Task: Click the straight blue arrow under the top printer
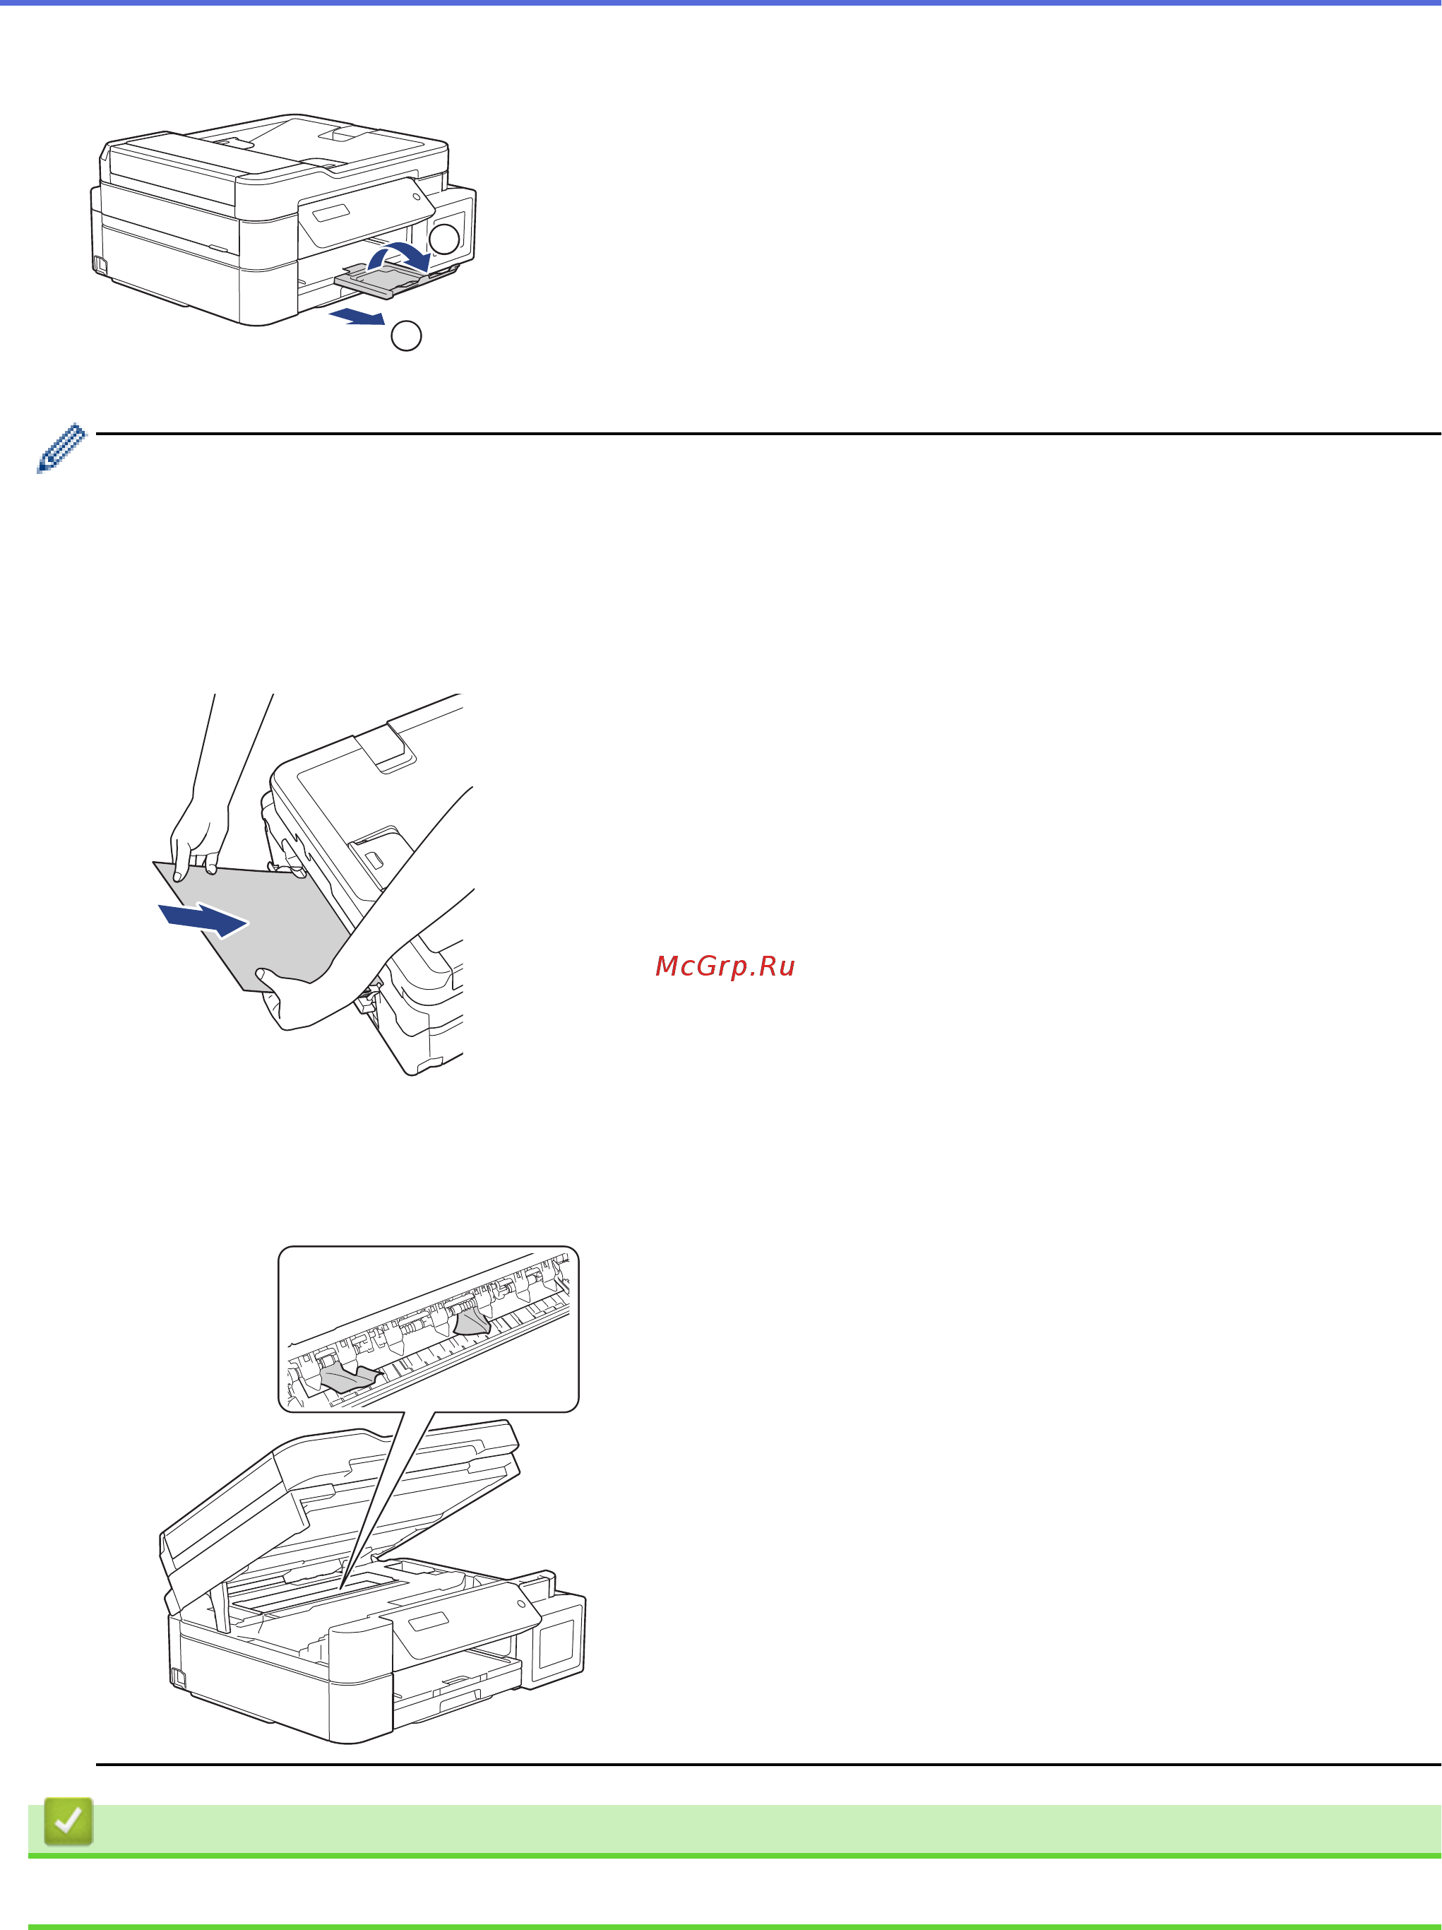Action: pyautogui.click(x=357, y=315)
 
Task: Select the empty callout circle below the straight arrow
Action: pyautogui.click(x=405, y=336)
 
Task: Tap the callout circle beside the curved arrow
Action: pyautogui.click(x=445, y=238)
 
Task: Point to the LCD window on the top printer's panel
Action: pyautogui.click(x=330, y=212)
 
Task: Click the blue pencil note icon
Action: pyautogui.click(x=61, y=449)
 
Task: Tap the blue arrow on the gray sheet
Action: pyautogui.click(x=203, y=920)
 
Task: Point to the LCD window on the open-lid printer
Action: pyautogui.click(x=429, y=1622)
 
